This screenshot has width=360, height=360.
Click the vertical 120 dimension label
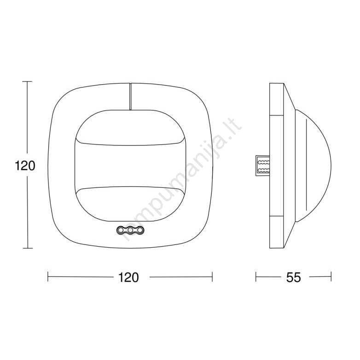pyautogui.click(x=25, y=166)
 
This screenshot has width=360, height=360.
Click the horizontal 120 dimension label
pyautogui.click(x=128, y=277)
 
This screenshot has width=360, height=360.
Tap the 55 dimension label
pyautogui.click(x=293, y=277)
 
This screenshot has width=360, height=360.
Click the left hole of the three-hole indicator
pyautogui.click(x=121, y=230)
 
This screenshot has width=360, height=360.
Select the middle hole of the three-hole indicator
pyautogui.click(x=130, y=230)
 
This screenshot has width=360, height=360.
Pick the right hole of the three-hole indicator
pyautogui.click(x=140, y=230)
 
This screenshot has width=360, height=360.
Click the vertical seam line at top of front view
pyautogui.click(x=130, y=96)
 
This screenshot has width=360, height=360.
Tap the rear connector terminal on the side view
pyautogui.click(x=263, y=166)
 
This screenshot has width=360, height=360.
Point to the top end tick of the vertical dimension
pyautogui.click(x=28, y=81)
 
